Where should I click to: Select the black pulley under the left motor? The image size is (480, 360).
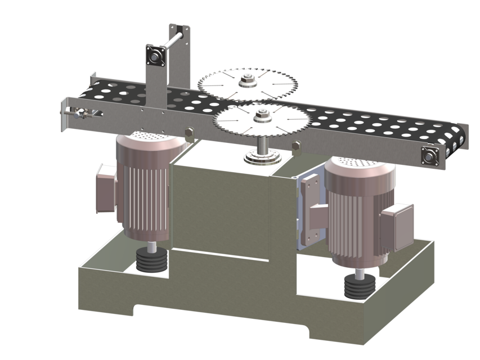pos(152,261)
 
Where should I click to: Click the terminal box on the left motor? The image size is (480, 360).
pos(105,188)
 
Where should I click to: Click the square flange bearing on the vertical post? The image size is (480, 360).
pos(155,56)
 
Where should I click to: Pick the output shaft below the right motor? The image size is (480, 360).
pos(359,273)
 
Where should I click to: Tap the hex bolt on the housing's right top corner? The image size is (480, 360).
pos(296,147)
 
